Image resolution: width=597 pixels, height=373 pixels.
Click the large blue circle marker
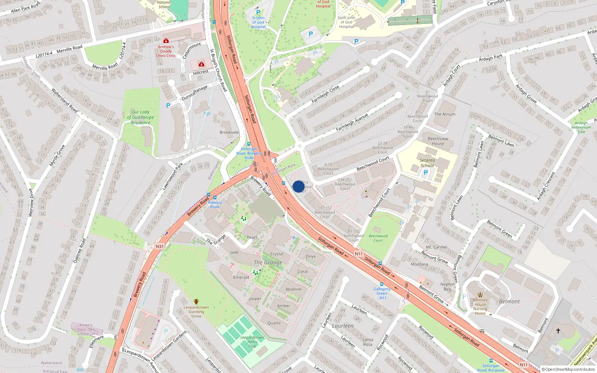[x=298, y=186]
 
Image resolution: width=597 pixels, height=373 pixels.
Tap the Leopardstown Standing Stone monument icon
[x=196, y=302]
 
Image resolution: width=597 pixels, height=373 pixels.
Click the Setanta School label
[x=427, y=163]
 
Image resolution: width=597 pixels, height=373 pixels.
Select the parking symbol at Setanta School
[x=426, y=173]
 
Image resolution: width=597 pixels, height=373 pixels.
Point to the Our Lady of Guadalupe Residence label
[x=140, y=117]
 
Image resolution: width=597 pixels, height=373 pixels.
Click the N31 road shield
[x=160, y=247]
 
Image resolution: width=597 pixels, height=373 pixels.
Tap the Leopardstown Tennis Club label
[x=252, y=342]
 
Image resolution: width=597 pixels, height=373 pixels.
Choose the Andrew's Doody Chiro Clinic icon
[x=166, y=41]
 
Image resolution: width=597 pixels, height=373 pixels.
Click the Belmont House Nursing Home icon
[x=480, y=295]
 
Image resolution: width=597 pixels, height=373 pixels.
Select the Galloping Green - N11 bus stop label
[x=382, y=293]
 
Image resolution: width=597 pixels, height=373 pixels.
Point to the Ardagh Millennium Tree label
[x=581, y=127]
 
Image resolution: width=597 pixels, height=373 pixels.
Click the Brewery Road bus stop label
[x=215, y=204]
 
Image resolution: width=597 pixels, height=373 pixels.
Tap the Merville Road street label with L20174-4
[x=59, y=51]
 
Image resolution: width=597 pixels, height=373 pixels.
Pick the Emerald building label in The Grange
[x=241, y=278]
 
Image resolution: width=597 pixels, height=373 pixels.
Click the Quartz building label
[x=274, y=323]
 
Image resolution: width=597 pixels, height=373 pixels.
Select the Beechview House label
[x=438, y=141]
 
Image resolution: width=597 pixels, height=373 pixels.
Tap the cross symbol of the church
[x=558, y=331]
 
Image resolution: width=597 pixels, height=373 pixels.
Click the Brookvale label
[x=229, y=132]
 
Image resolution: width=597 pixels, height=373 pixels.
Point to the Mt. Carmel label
[x=437, y=247]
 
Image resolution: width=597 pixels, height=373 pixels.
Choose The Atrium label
[x=445, y=114]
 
